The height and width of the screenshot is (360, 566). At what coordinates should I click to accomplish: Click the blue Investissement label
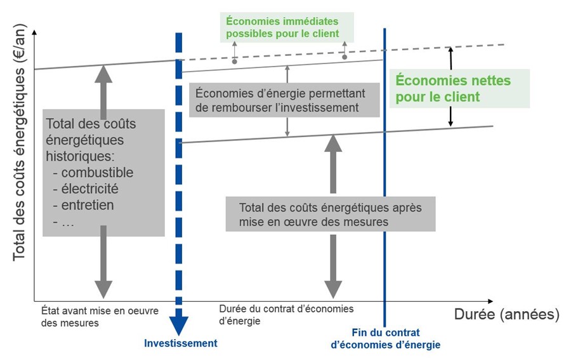tap(180, 343)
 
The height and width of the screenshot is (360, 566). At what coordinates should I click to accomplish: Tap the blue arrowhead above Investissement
tap(179, 325)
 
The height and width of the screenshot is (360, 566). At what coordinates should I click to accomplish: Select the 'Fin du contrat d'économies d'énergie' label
tap(386, 338)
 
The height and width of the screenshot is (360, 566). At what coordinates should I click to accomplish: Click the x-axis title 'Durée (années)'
tap(506, 314)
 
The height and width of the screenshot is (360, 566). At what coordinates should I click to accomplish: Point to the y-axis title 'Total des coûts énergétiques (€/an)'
tap(20, 142)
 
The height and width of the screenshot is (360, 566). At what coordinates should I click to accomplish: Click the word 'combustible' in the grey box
tap(97, 173)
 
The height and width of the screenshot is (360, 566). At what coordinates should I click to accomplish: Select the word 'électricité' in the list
tap(89, 189)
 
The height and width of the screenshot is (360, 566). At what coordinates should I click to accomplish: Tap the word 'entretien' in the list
tap(88, 205)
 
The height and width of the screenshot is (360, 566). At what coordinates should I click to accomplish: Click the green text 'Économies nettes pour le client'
tap(453, 88)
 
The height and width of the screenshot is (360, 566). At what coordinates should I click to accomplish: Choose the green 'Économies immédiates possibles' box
tap(287, 27)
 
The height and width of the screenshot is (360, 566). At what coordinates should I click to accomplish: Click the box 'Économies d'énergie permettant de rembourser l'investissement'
tap(284, 100)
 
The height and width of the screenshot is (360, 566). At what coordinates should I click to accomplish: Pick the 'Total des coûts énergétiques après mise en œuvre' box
tap(331, 214)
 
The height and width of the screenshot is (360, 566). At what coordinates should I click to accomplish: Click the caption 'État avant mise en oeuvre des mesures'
tap(100, 317)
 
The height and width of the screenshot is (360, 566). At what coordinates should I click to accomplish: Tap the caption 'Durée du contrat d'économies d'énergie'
tap(286, 315)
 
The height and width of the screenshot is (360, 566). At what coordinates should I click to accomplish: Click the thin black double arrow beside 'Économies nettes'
tap(451, 86)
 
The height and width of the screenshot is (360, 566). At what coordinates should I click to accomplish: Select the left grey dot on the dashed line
tap(235, 62)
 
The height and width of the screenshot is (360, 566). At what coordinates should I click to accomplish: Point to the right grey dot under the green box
tap(345, 57)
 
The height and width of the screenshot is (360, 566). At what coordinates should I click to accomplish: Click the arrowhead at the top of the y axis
tap(35, 32)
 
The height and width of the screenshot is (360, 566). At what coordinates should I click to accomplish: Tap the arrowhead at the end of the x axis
tap(490, 301)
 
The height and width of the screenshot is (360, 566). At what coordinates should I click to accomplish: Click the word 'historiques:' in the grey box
tap(80, 156)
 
